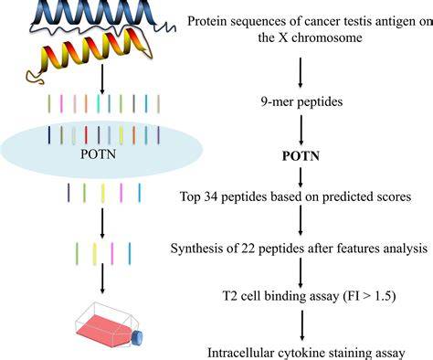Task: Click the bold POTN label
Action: (301, 156)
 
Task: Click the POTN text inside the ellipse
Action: (98, 154)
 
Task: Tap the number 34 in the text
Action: (211, 196)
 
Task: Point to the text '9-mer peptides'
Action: (301, 101)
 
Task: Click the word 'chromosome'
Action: (327, 37)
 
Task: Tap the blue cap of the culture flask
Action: (138, 338)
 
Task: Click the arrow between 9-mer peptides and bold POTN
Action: (301, 130)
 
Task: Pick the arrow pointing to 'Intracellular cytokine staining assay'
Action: (302, 325)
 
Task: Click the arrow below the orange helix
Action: (102, 79)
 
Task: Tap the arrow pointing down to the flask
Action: (102, 279)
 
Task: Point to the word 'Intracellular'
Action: (240, 353)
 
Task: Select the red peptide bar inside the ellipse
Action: (86, 135)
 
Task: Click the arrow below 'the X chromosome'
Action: (301, 72)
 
